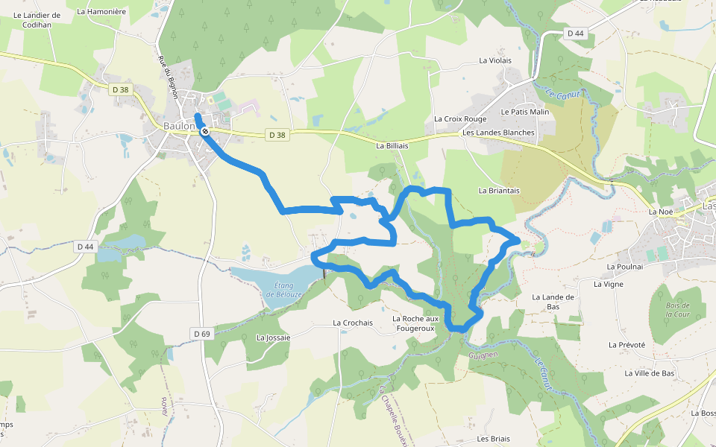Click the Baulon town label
click(x=179, y=127)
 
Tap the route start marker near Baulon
click(x=205, y=131)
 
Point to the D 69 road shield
click(x=201, y=334)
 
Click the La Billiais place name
click(x=392, y=146)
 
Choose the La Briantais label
click(x=499, y=191)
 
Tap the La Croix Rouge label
click(x=460, y=119)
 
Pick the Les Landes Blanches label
click(x=498, y=133)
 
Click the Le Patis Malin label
click(x=525, y=112)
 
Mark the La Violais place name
click(x=496, y=60)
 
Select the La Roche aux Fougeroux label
click(x=416, y=323)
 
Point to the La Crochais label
click(x=352, y=323)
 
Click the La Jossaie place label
click(x=273, y=337)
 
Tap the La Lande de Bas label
click(x=553, y=301)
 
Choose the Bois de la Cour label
click(x=677, y=310)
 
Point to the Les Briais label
click(x=493, y=439)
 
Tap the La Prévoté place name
click(x=626, y=345)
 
